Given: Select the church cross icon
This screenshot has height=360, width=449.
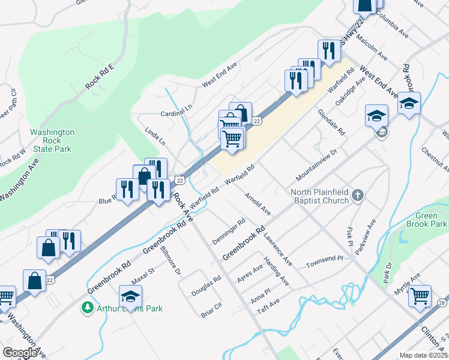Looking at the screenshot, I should point(358,194).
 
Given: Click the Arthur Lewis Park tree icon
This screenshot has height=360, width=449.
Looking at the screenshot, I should point(88,308).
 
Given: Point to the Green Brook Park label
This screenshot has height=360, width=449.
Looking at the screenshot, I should point(431,220).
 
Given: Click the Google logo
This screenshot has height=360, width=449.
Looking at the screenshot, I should point(20,353).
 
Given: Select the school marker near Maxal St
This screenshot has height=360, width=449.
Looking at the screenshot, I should point(131,296).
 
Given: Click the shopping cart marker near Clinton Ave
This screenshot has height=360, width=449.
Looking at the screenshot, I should point(419,296).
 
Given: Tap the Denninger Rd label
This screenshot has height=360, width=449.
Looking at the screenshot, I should point(229,232).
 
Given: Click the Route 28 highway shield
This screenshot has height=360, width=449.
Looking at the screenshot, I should point(443,302).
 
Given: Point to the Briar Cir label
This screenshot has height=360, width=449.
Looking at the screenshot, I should point(211,309).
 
